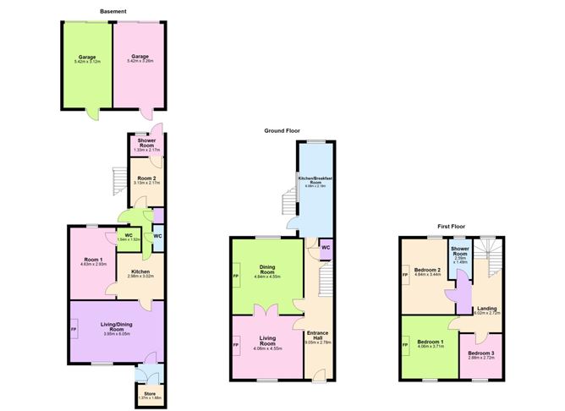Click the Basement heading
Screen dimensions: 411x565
(x=112, y=11)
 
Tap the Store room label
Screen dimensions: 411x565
(x=149, y=393)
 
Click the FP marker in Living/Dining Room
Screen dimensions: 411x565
(x=74, y=329)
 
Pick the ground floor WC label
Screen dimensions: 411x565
(x=324, y=249)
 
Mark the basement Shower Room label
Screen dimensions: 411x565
(x=140, y=145)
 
